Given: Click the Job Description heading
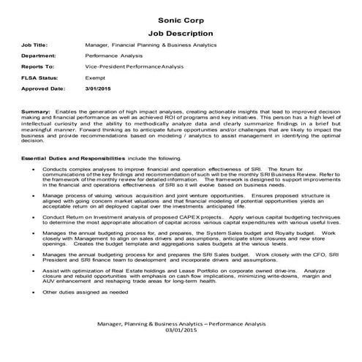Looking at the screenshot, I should click(180, 34).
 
